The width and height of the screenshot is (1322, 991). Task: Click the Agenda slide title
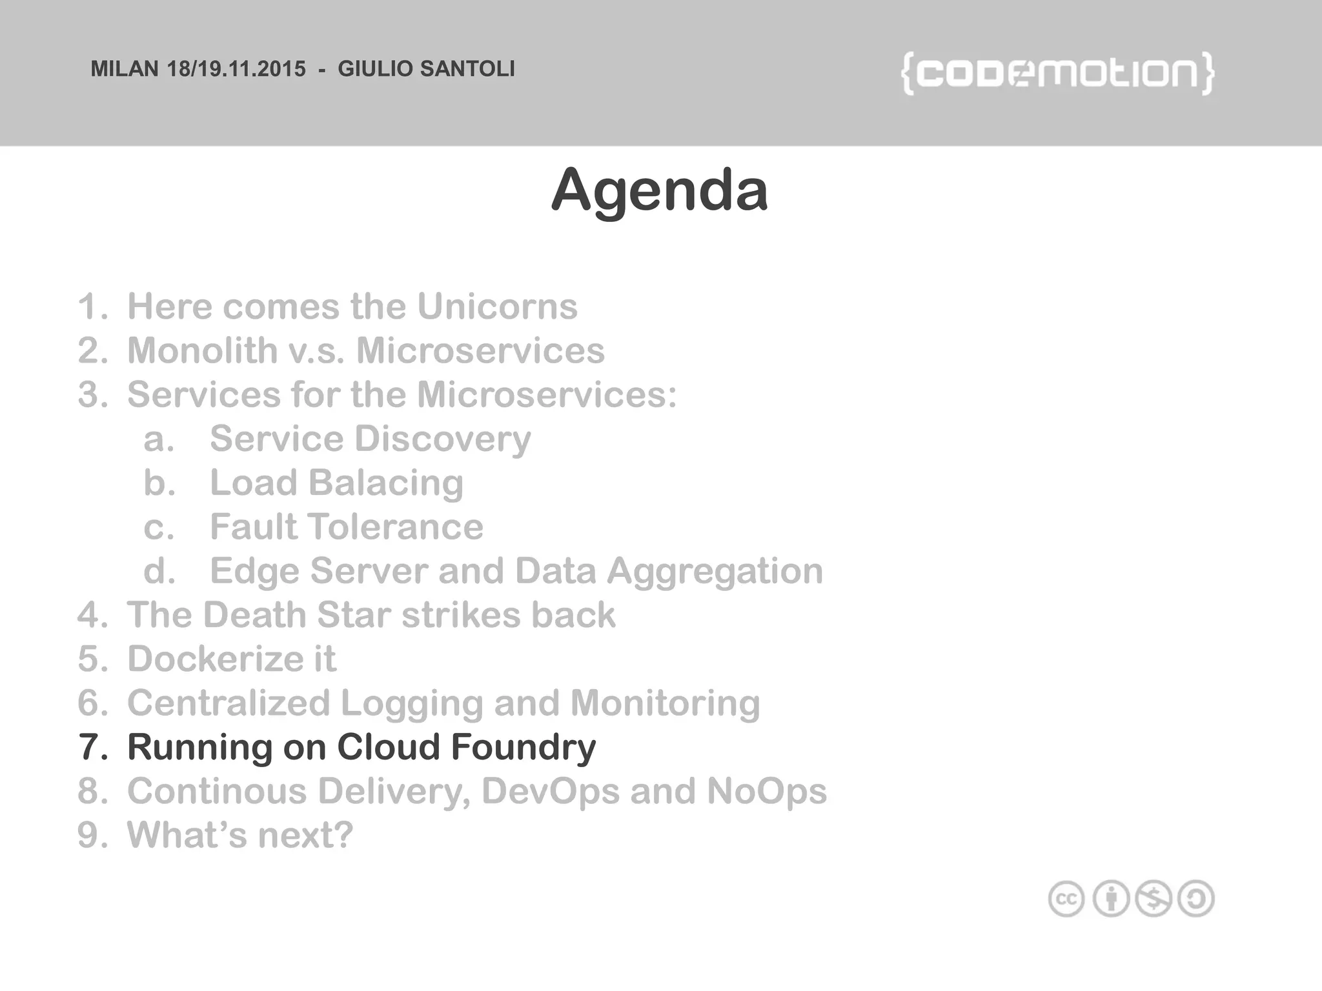pyautogui.click(x=660, y=190)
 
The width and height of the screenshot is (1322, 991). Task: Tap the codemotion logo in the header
pyautogui.click(x=1057, y=74)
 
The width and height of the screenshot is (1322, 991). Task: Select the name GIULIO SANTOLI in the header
pyautogui.click(x=426, y=69)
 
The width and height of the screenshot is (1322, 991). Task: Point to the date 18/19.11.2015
pyautogui.click(x=236, y=69)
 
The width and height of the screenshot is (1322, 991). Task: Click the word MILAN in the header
pyautogui.click(x=124, y=69)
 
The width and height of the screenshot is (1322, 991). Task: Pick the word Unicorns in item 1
pyautogui.click(x=497, y=306)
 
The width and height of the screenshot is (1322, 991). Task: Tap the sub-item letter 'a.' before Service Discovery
pyautogui.click(x=159, y=439)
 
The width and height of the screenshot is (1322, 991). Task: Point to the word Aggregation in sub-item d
pyautogui.click(x=715, y=572)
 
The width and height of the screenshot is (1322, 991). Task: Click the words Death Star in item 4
pyautogui.click(x=296, y=615)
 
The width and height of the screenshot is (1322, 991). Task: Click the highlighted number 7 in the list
pyautogui.click(x=92, y=747)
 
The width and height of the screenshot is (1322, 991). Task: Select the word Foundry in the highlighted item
pyautogui.click(x=523, y=747)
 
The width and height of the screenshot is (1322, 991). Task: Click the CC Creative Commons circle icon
pyautogui.click(x=1066, y=899)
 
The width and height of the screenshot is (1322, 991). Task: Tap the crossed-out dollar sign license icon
pyautogui.click(x=1154, y=899)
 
